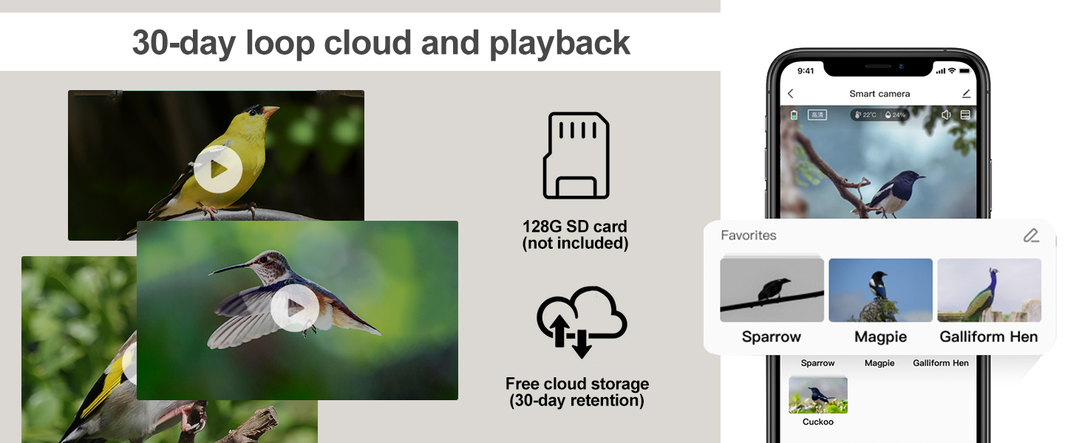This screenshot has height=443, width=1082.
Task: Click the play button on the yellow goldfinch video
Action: pos(218,169)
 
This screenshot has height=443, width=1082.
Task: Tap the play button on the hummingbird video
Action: pos(295,307)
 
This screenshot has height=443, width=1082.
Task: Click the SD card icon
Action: pos(576,155)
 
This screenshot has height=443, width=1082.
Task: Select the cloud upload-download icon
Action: pos(582,322)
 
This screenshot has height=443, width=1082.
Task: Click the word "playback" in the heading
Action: pos(559,44)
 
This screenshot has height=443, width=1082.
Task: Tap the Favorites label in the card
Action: pos(748,235)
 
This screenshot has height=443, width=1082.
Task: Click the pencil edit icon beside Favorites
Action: pos(1031,235)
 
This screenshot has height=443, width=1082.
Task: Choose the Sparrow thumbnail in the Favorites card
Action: pos(772,289)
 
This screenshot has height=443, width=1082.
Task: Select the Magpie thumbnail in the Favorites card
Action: pos(880,289)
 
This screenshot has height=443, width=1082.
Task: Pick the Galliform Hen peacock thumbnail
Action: pos(990,289)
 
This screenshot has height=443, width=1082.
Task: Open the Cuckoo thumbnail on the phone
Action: pos(817,395)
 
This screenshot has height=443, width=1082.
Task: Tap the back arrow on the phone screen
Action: pos(790,94)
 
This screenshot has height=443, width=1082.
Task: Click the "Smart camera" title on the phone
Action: pos(879,94)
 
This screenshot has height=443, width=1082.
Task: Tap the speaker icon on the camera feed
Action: pos(946,115)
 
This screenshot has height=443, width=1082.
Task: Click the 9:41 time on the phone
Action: pos(806,71)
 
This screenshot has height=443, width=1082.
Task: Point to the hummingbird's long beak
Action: pos(230,268)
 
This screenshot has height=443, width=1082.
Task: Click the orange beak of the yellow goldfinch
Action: pos(271,111)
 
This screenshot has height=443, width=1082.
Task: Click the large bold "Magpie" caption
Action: pos(880,337)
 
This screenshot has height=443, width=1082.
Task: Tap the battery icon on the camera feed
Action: pos(794,115)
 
